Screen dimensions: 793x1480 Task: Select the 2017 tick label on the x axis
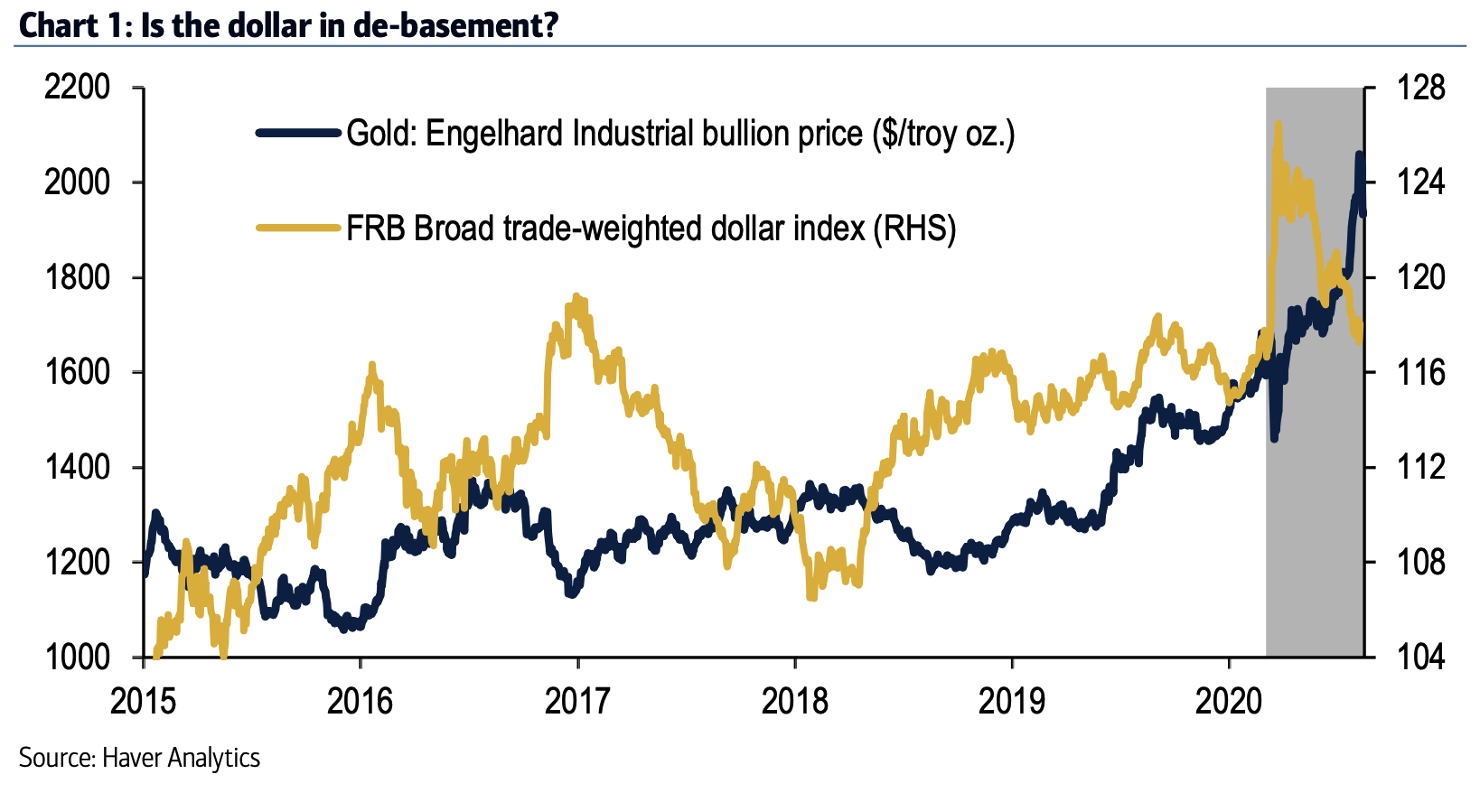pyautogui.click(x=577, y=701)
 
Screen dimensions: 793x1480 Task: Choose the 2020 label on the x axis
pyautogui.click(x=1229, y=701)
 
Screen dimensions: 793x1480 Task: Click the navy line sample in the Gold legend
pyautogui.click(x=298, y=134)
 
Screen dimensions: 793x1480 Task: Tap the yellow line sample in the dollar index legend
pyautogui.click(x=298, y=228)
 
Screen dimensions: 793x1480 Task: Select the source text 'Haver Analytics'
pyautogui.click(x=181, y=757)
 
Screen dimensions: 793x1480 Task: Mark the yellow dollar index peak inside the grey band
pyautogui.click(x=1278, y=125)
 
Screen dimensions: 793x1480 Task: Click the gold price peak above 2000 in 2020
pyautogui.click(x=1359, y=155)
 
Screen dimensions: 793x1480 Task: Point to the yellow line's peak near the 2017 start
pyautogui.click(x=577, y=298)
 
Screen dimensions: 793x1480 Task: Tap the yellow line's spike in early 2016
pyautogui.click(x=371, y=366)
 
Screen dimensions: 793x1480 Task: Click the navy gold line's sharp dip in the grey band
pyautogui.click(x=1274, y=438)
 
